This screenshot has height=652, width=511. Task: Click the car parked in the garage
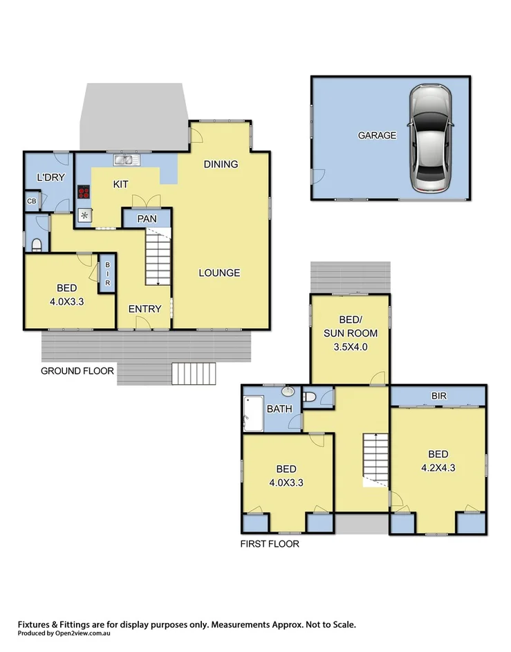coord(430,139)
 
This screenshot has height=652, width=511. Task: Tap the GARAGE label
coord(377,135)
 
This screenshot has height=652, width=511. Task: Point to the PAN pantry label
coord(147,219)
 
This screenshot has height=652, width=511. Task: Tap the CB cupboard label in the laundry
coord(32,201)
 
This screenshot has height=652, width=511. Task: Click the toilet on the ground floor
coord(37,243)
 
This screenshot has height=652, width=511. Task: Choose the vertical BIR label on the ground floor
coord(107,275)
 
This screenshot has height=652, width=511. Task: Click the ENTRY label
coord(145,309)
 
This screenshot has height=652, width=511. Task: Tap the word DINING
coord(221,164)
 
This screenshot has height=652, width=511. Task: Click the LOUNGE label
coord(219,273)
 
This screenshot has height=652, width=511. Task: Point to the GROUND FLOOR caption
coord(77,371)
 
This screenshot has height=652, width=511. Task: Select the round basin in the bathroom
coord(290,392)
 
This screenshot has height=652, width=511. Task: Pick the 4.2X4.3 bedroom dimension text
coord(438,467)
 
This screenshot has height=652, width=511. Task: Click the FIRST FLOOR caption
coord(270,544)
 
